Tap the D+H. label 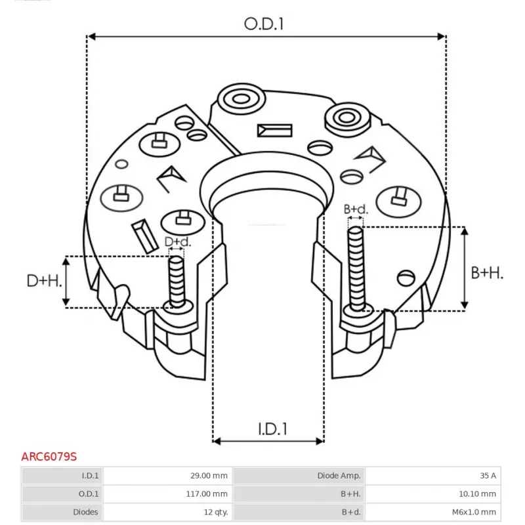[x=45, y=281]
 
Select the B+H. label [x=487, y=273]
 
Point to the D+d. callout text [x=177, y=242]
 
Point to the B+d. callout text [x=356, y=209]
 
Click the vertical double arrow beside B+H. [x=465, y=268]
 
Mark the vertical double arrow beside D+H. [x=66, y=281]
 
